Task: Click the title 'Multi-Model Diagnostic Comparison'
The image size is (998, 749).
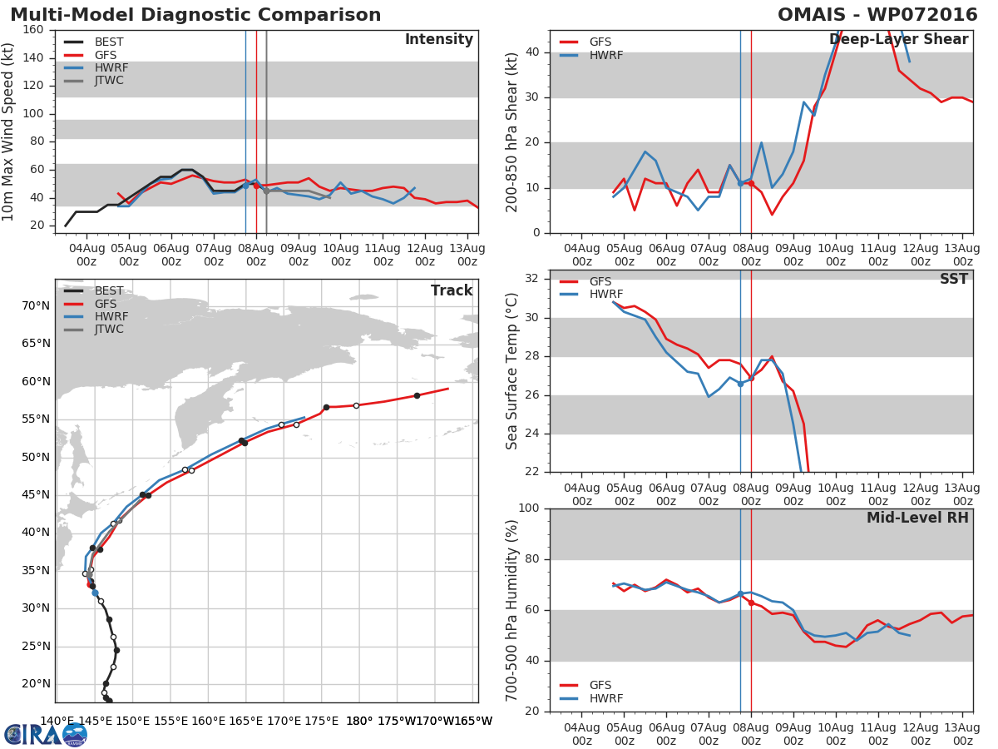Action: [x=195, y=15]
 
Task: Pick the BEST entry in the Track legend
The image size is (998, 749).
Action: [x=109, y=291]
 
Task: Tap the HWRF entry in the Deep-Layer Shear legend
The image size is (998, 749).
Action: [x=605, y=56]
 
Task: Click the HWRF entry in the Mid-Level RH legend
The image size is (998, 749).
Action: [x=605, y=699]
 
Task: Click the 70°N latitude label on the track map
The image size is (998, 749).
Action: [x=36, y=306]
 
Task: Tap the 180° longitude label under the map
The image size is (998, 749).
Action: [x=359, y=721]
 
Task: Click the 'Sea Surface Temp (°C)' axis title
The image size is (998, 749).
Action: [x=512, y=371]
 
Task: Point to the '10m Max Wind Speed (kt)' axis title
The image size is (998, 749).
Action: [x=9, y=131]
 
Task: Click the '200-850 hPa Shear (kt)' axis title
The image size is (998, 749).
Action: [x=512, y=131]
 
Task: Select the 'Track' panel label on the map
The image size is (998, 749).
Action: [x=452, y=290]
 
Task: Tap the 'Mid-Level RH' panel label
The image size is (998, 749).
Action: [x=917, y=518]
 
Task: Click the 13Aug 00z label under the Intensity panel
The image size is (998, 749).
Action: [x=467, y=254]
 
